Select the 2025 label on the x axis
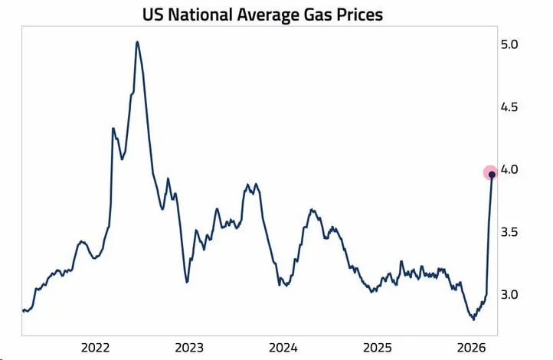click(379, 346)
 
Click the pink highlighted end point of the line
click(491, 174)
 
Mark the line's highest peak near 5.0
click(136, 42)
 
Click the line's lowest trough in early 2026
click(473, 319)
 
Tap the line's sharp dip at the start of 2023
click(187, 281)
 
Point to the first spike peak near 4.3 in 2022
click(113, 129)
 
